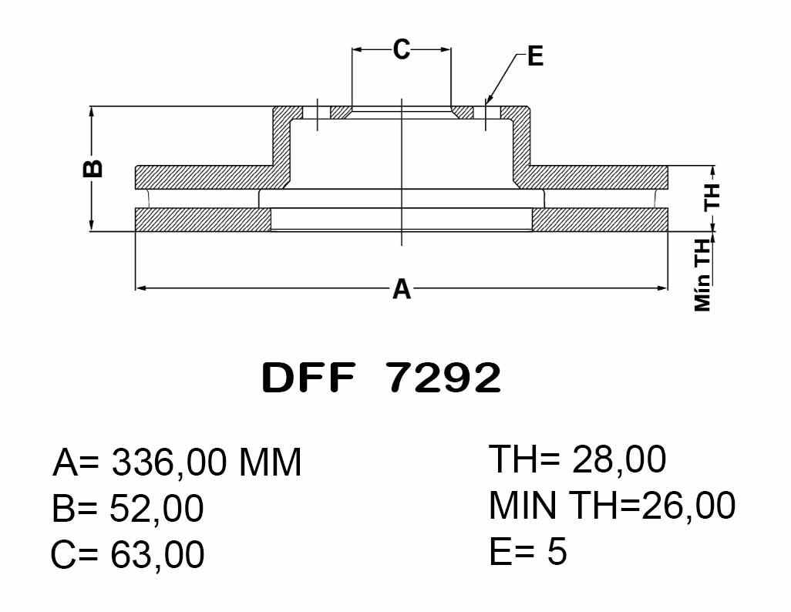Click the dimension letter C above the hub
click(x=402, y=49)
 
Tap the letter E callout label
click(x=535, y=56)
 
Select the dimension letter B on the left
click(x=93, y=169)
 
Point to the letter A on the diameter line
click(x=402, y=289)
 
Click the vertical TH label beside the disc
click(x=712, y=197)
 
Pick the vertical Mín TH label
click(x=702, y=275)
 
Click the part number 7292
click(x=444, y=378)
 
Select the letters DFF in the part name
click(x=308, y=378)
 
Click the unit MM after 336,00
click(x=270, y=462)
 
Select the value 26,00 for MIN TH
click(x=688, y=506)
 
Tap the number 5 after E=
click(x=557, y=551)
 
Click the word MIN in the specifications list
click(x=523, y=505)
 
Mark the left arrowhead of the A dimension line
click(x=142, y=288)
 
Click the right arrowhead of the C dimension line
click(x=445, y=49)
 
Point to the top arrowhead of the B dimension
click(x=91, y=112)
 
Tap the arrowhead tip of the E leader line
click(x=486, y=103)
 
